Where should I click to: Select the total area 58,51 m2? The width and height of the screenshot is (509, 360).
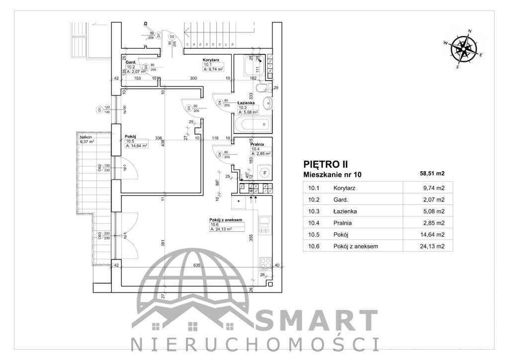point(431,174)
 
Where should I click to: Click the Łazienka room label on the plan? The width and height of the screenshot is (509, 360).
point(247,103)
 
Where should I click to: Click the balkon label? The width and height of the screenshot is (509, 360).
point(86,136)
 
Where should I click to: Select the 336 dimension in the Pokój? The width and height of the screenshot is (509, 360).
point(159,138)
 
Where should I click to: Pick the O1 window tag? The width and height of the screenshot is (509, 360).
point(99,109)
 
